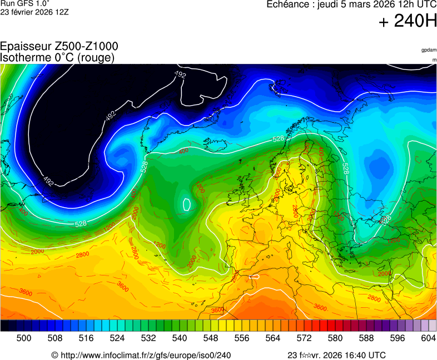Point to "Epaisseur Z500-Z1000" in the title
pos(59,47)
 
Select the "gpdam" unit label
pos(429,50)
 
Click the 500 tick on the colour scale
pos(24,338)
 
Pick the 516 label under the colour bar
pos(86,338)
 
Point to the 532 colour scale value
pos(148,338)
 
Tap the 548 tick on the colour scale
pos(211,338)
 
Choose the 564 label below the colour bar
pos(273,338)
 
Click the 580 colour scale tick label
pos(335,338)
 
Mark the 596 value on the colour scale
pos(398,338)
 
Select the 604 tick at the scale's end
pos(428,338)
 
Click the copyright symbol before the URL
pos(54,355)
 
